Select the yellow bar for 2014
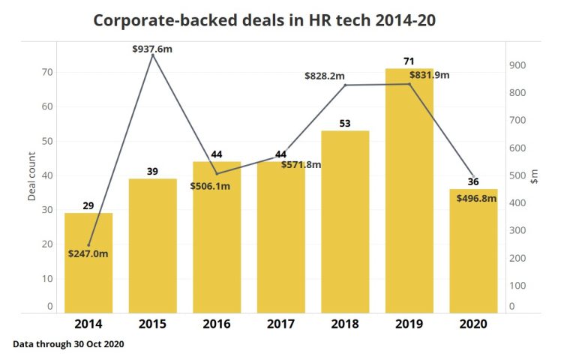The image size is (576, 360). (88, 262)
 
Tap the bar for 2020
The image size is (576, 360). (473, 251)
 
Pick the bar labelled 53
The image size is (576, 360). (345, 221)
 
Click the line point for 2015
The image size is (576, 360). (153, 55)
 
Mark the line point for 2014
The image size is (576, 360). (88, 245)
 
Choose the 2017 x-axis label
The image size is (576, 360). (280, 324)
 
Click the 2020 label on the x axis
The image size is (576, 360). (473, 324)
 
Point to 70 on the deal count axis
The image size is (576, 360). (47, 72)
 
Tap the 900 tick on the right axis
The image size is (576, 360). (517, 65)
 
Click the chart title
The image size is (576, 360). (264, 20)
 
